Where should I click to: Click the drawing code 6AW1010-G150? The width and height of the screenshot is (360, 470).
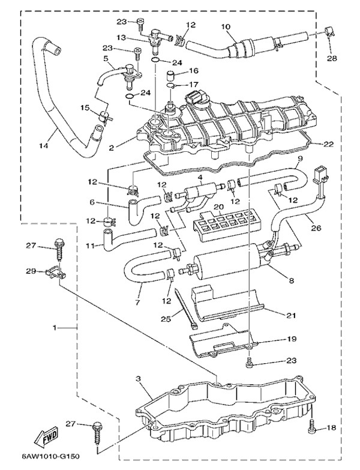click(50, 457)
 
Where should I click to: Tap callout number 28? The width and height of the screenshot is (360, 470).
click(332, 58)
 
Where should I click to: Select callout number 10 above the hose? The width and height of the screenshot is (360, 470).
click(226, 26)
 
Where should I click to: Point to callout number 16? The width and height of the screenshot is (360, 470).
click(193, 71)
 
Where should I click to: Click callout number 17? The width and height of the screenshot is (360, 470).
click(193, 85)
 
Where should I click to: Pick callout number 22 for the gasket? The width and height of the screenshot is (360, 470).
click(328, 144)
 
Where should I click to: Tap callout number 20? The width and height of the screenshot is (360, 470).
click(219, 207)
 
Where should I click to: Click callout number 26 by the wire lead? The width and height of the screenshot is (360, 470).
click(316, 228)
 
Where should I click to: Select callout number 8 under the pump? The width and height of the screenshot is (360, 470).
click(292, 281)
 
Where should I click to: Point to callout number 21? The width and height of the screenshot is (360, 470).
click(291, 315)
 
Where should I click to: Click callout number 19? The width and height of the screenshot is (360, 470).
click(292, 339)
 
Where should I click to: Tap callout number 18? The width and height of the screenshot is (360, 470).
click(331, 428)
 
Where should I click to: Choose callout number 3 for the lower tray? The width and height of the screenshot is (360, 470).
click(138, 379)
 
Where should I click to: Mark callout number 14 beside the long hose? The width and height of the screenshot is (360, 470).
click(44, 146)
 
